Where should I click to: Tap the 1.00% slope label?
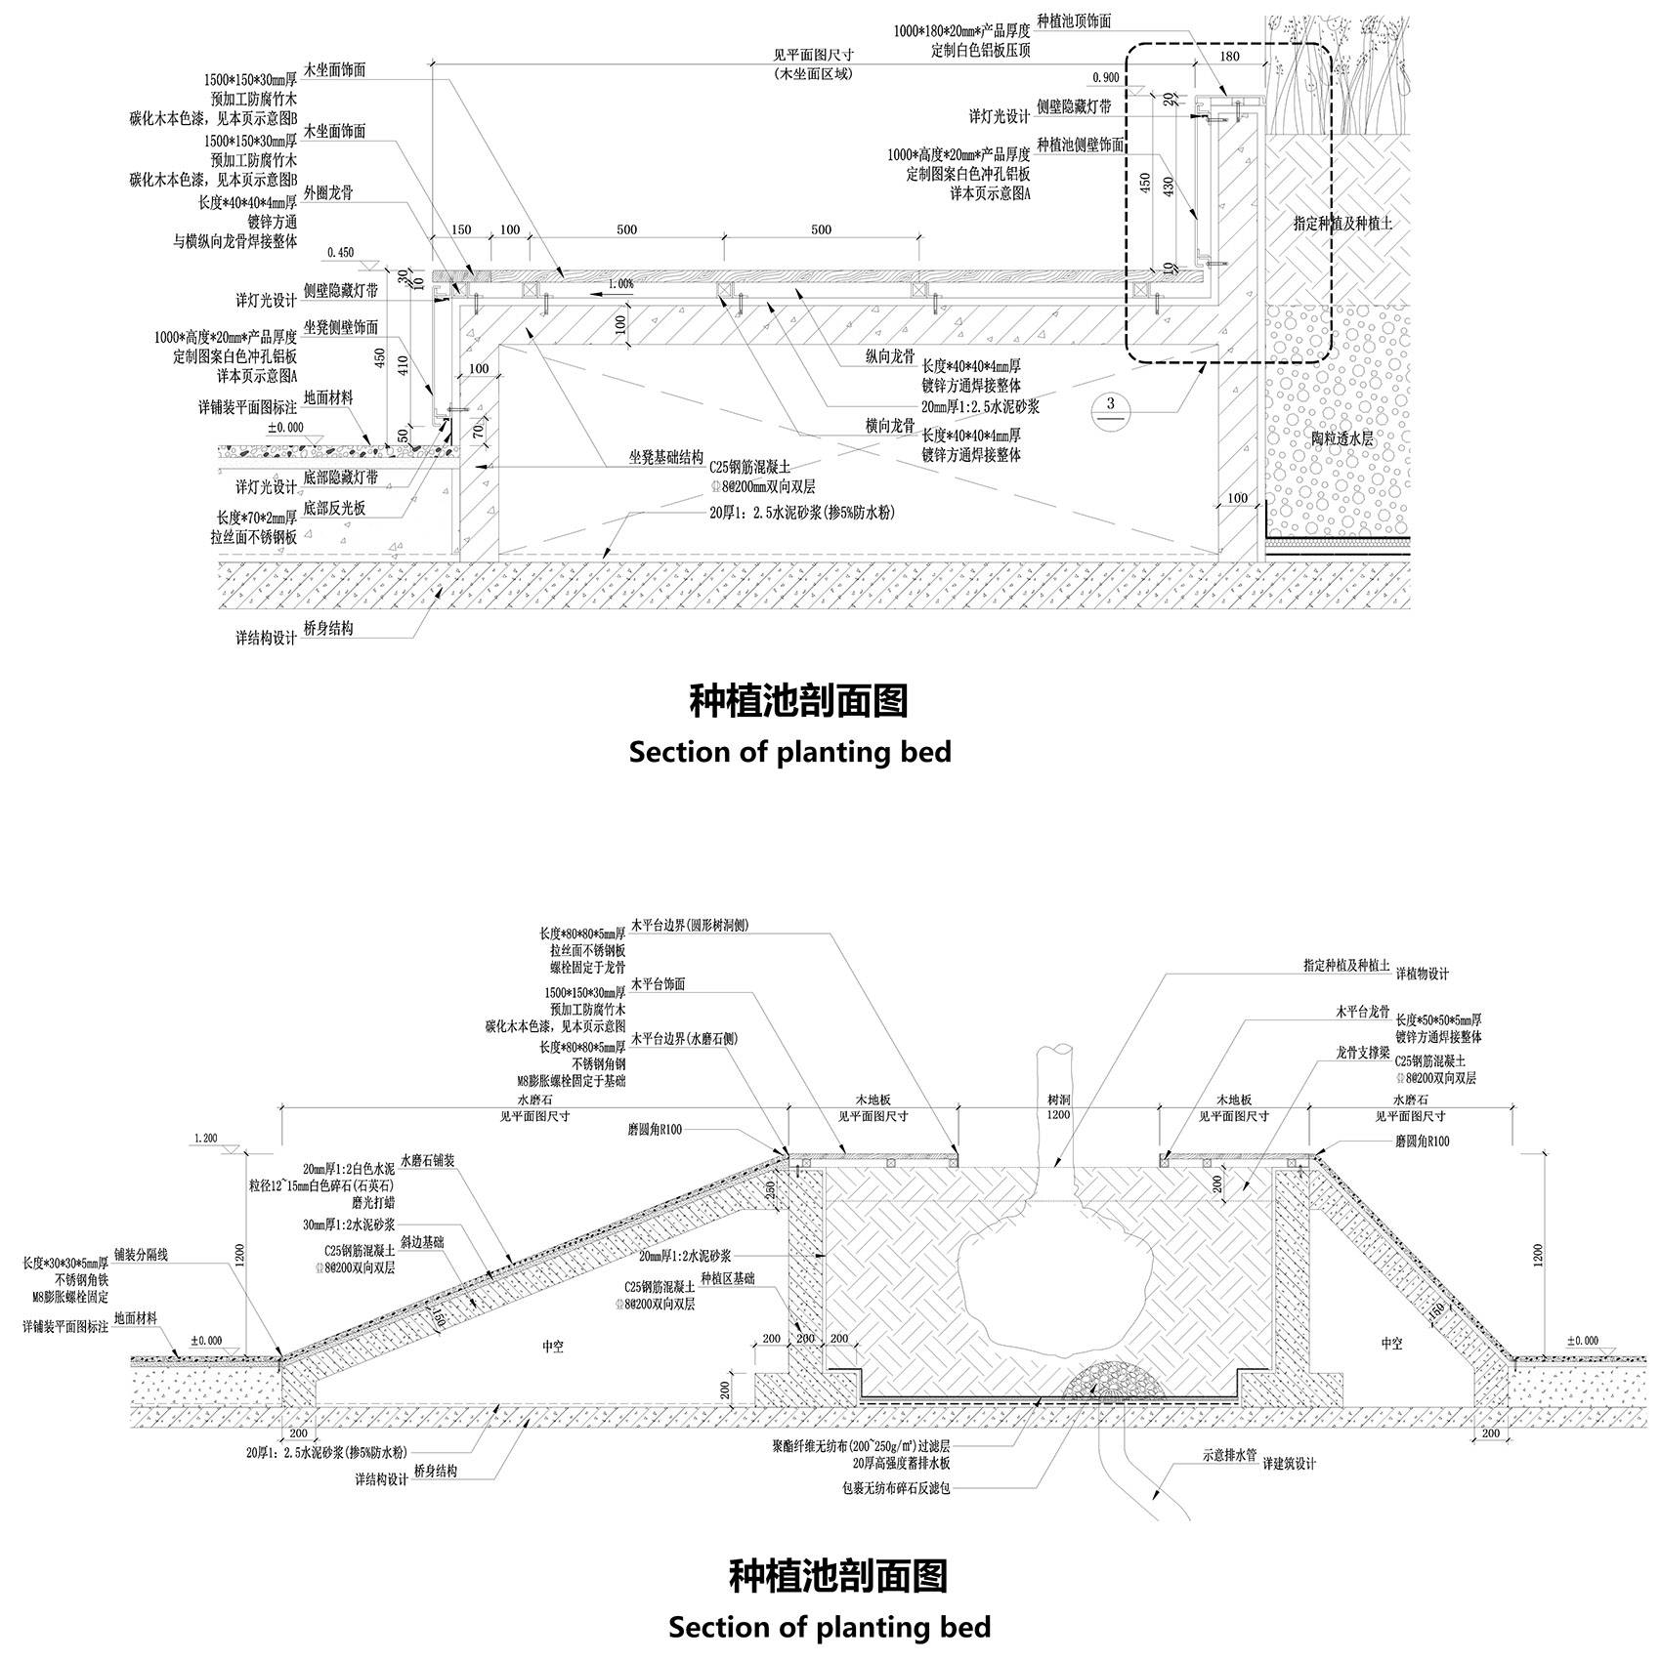pyautogui.click(x=619, y=284)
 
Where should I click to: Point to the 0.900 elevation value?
pyautogui.click(x=1106, y=76)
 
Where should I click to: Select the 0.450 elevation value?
pyautogui.click(x=340, y=252)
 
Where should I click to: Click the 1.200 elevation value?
pyautogui.click(x=206, y=1138)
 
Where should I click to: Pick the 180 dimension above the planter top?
pyautogui.click(x=1230, y=57)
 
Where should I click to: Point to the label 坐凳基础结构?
pyautogui.click(x=665, y=455)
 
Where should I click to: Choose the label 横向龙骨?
pyautogui.click(x=889, y=426)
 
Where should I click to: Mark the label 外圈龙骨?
pyautogui.click(x=328, y=192)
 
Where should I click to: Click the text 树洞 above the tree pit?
pyautogui.click(x=1058, y=1100)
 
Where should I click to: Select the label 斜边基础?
pyautogui.click(x=423, y=1242)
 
